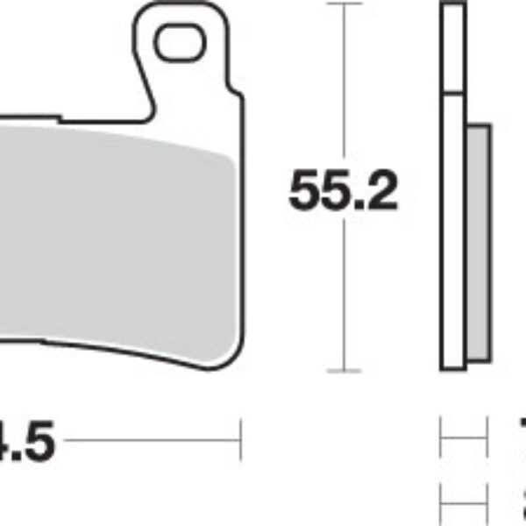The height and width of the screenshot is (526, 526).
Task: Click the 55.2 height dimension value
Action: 343,192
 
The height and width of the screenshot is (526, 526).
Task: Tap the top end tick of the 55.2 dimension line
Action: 343,4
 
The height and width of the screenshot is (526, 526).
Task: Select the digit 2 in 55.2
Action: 382,192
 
